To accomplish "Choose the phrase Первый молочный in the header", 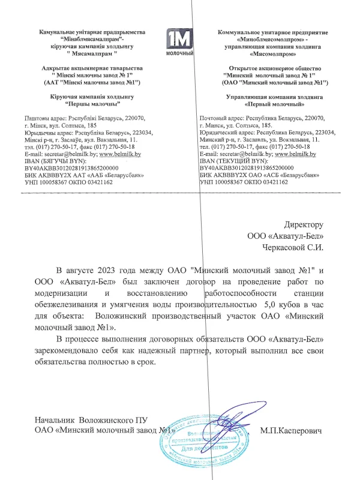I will (x=265, y=104).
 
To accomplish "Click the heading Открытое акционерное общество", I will (x=264, y=69).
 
